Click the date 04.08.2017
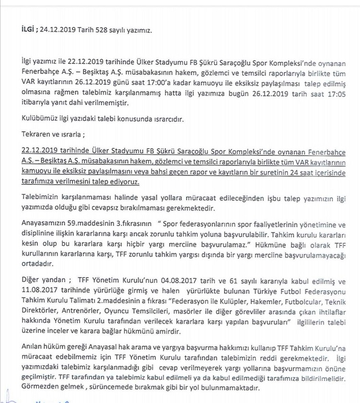click(181, 281)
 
